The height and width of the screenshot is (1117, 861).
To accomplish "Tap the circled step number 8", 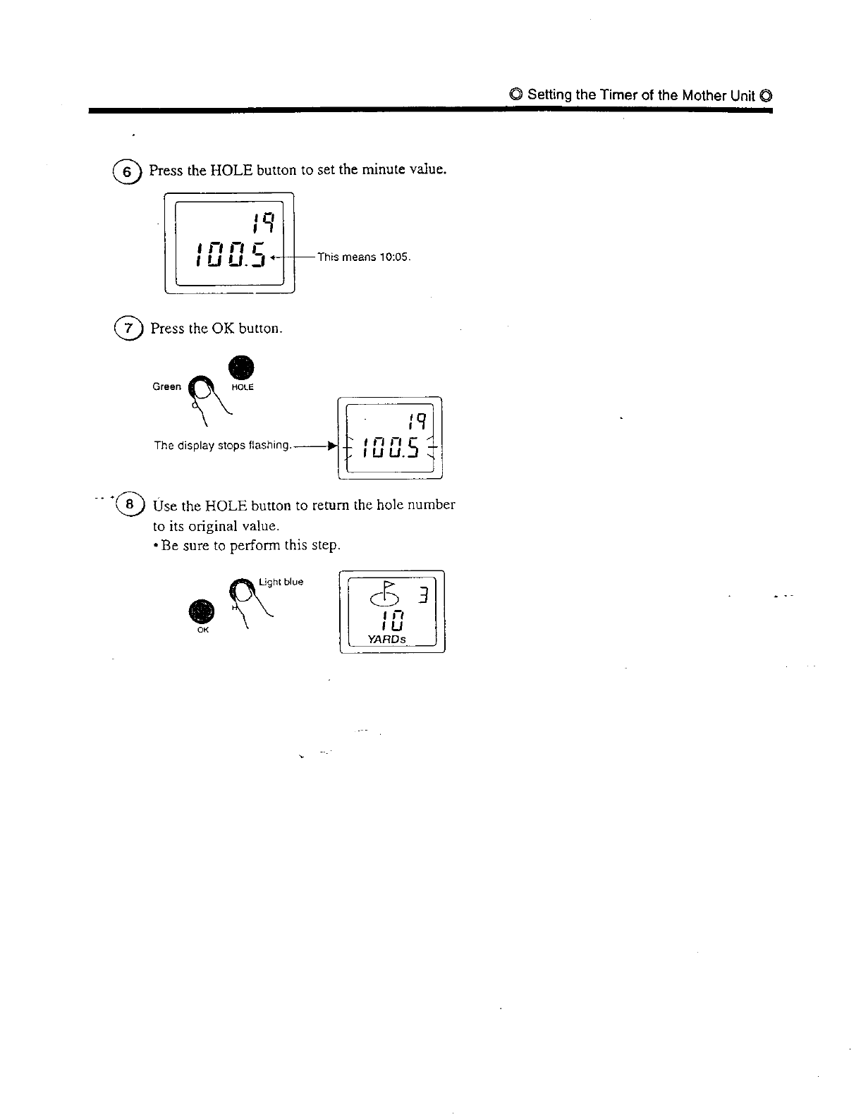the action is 129,505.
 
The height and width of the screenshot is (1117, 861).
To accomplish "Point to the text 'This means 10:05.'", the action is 363,257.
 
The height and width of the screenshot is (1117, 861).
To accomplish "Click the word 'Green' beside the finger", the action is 166,386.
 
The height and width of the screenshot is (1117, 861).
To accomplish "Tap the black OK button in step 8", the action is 202,611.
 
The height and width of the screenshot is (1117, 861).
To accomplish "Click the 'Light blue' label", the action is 281,582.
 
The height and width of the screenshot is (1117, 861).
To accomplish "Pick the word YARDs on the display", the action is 387,640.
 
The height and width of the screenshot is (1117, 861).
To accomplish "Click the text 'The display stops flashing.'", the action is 222,446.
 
